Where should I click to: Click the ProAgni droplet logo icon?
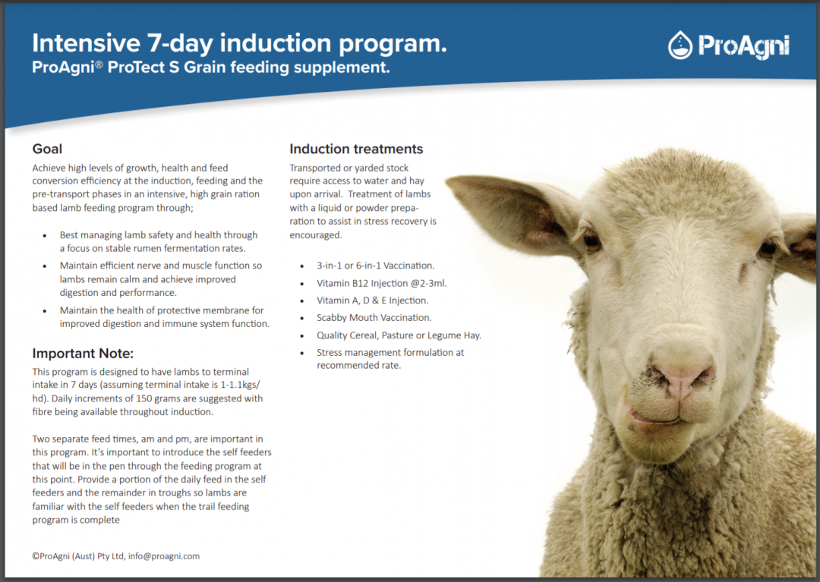[x=680, y=46]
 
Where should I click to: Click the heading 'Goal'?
[x=47, y=149]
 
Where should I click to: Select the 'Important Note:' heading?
[x=83, y=354]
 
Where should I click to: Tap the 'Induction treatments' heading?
[x=356, y=149]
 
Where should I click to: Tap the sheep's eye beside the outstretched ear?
[x=591, y=241]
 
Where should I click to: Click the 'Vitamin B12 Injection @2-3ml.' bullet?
[x=382, y=283]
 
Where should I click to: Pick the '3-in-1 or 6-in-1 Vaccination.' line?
[x=375, y=266]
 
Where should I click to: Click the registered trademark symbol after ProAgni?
[x=99, y=65]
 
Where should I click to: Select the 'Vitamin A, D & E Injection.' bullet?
[x=372, y=300]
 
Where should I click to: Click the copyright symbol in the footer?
[x=36, y=556]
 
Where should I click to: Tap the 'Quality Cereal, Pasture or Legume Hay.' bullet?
[x=399, y=335]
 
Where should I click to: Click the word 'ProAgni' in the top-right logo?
[x=743, y=46]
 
